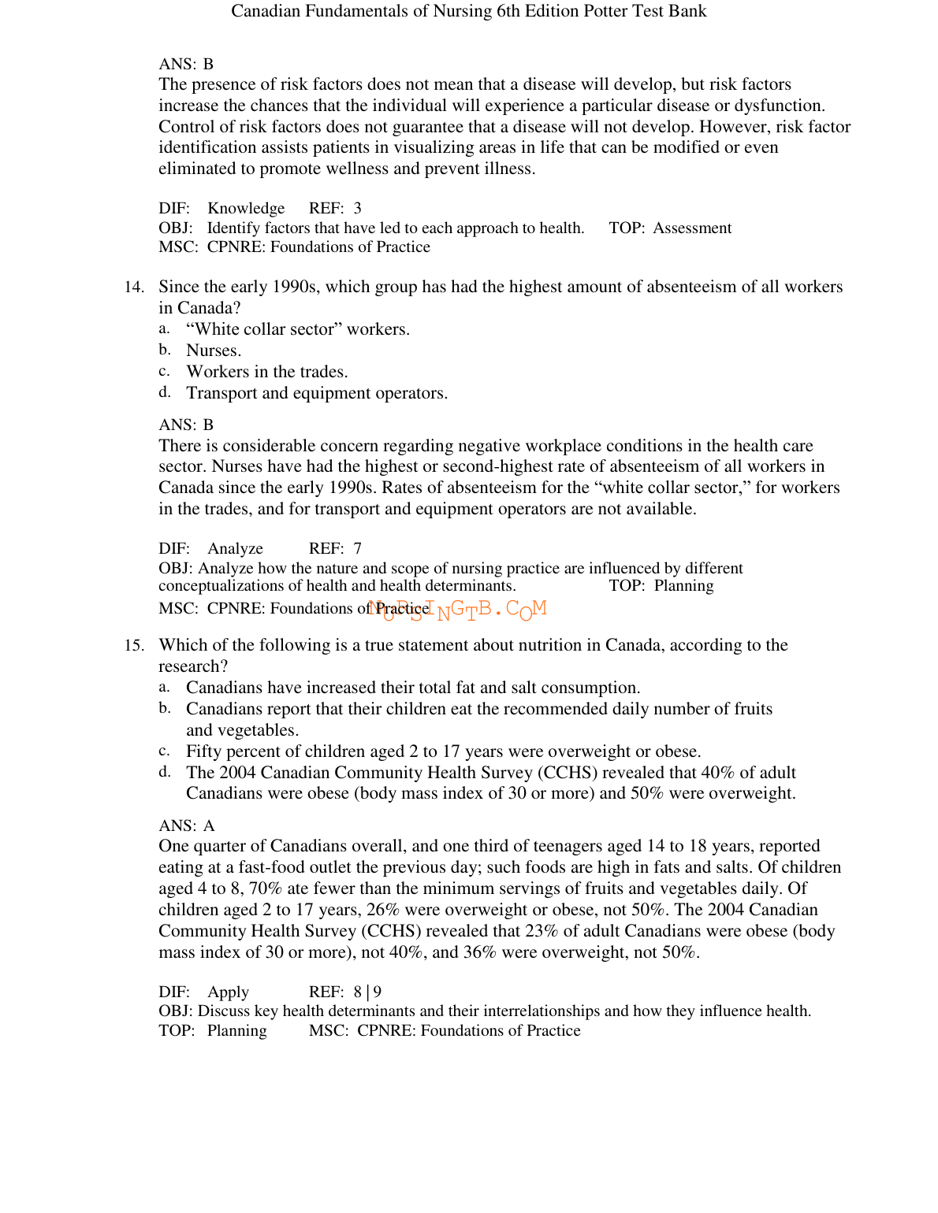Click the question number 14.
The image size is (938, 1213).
(133, 287)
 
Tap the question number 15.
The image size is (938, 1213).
(133, 646)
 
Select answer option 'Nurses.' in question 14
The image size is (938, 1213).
(214, 351)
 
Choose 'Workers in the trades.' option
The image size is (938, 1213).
(266, 372)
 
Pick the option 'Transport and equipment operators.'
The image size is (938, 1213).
(317, 393)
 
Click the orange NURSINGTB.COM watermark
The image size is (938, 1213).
(457, 609)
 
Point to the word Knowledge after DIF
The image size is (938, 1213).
(246, 209)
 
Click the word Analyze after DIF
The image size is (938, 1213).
(235, 549)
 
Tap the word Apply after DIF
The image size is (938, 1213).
(228, 992)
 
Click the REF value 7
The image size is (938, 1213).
(357, 549)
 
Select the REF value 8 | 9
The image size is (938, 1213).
(367, 992)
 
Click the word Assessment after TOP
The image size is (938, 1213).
(692, 228)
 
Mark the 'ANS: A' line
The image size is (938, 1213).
(186, 826)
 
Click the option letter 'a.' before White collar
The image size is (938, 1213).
(164, 328)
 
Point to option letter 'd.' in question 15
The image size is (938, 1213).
(164, 772)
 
